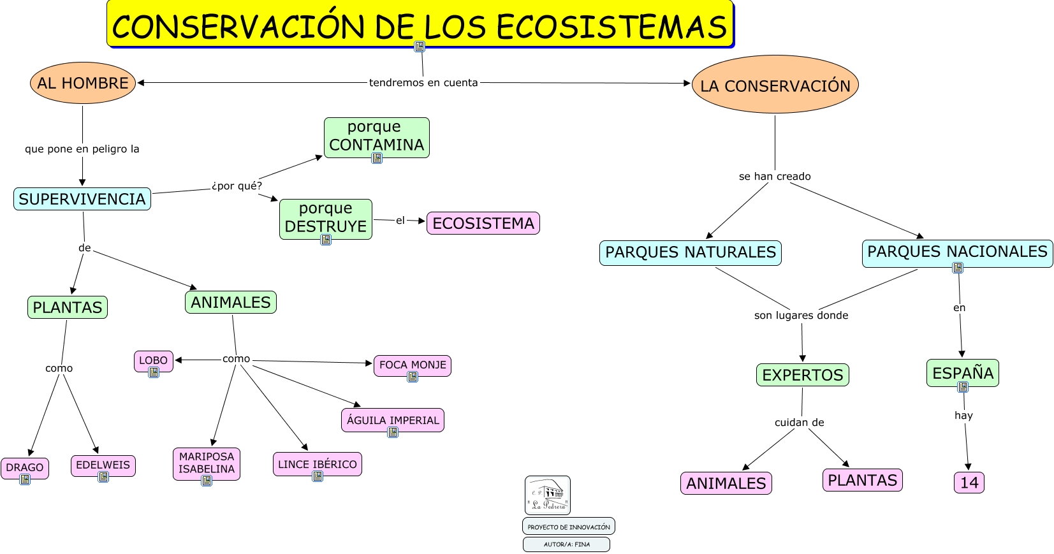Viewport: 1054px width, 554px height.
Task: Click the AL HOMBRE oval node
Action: pos(83,83)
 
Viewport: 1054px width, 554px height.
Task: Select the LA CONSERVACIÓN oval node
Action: pos(775,85)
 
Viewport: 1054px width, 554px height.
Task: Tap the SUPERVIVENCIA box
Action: pos(82,199)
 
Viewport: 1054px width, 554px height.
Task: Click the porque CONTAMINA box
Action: pos(376,136)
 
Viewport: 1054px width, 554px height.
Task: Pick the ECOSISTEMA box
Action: pos(483,223)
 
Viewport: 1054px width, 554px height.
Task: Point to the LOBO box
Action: pos(153,360)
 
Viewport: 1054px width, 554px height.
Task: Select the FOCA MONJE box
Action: pos(413,365)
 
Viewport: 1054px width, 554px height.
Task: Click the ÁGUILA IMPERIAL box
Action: pos(393,419)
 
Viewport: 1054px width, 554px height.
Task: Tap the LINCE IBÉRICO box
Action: pos(318,464)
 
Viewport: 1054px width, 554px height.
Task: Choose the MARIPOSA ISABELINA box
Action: pos(207,463)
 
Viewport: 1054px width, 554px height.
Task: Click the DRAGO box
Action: pos(25,467)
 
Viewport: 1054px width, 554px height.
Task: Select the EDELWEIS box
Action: pos(103,465)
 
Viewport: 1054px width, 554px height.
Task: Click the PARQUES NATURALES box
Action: pos(691,252)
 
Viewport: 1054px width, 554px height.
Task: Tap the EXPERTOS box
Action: pos(802,375)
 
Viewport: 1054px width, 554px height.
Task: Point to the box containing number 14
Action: pos(969,483)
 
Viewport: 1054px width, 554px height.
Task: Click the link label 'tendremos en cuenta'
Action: pos(423,83)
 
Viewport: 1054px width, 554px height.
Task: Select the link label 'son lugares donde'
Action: pos(801,315)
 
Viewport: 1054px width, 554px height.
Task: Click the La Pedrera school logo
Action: pos(548,495)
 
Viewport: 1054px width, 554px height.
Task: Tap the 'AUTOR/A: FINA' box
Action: pos(566,544)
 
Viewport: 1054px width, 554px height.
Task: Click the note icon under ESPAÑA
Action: pos(963,387)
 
